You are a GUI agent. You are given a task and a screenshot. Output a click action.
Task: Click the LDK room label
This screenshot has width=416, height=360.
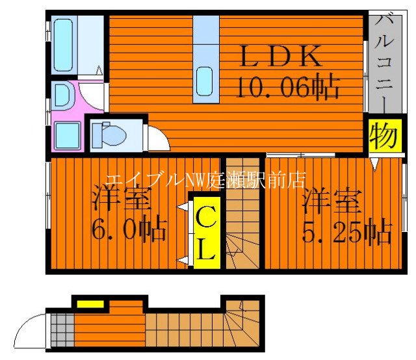coord(281,57)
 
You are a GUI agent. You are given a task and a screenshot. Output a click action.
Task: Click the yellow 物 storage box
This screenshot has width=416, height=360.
coord(382,137)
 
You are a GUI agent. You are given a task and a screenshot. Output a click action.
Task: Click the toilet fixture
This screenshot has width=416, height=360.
coord(109,135)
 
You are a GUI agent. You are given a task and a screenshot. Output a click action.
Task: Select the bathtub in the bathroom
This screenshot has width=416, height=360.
coord(64,44)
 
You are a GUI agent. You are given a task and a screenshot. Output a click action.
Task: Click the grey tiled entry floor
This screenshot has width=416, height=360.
coord(62,329)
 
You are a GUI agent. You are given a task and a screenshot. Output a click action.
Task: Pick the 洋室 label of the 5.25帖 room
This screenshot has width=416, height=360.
coord(331,201)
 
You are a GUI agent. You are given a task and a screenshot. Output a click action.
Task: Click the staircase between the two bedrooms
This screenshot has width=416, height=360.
coord(243,214)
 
